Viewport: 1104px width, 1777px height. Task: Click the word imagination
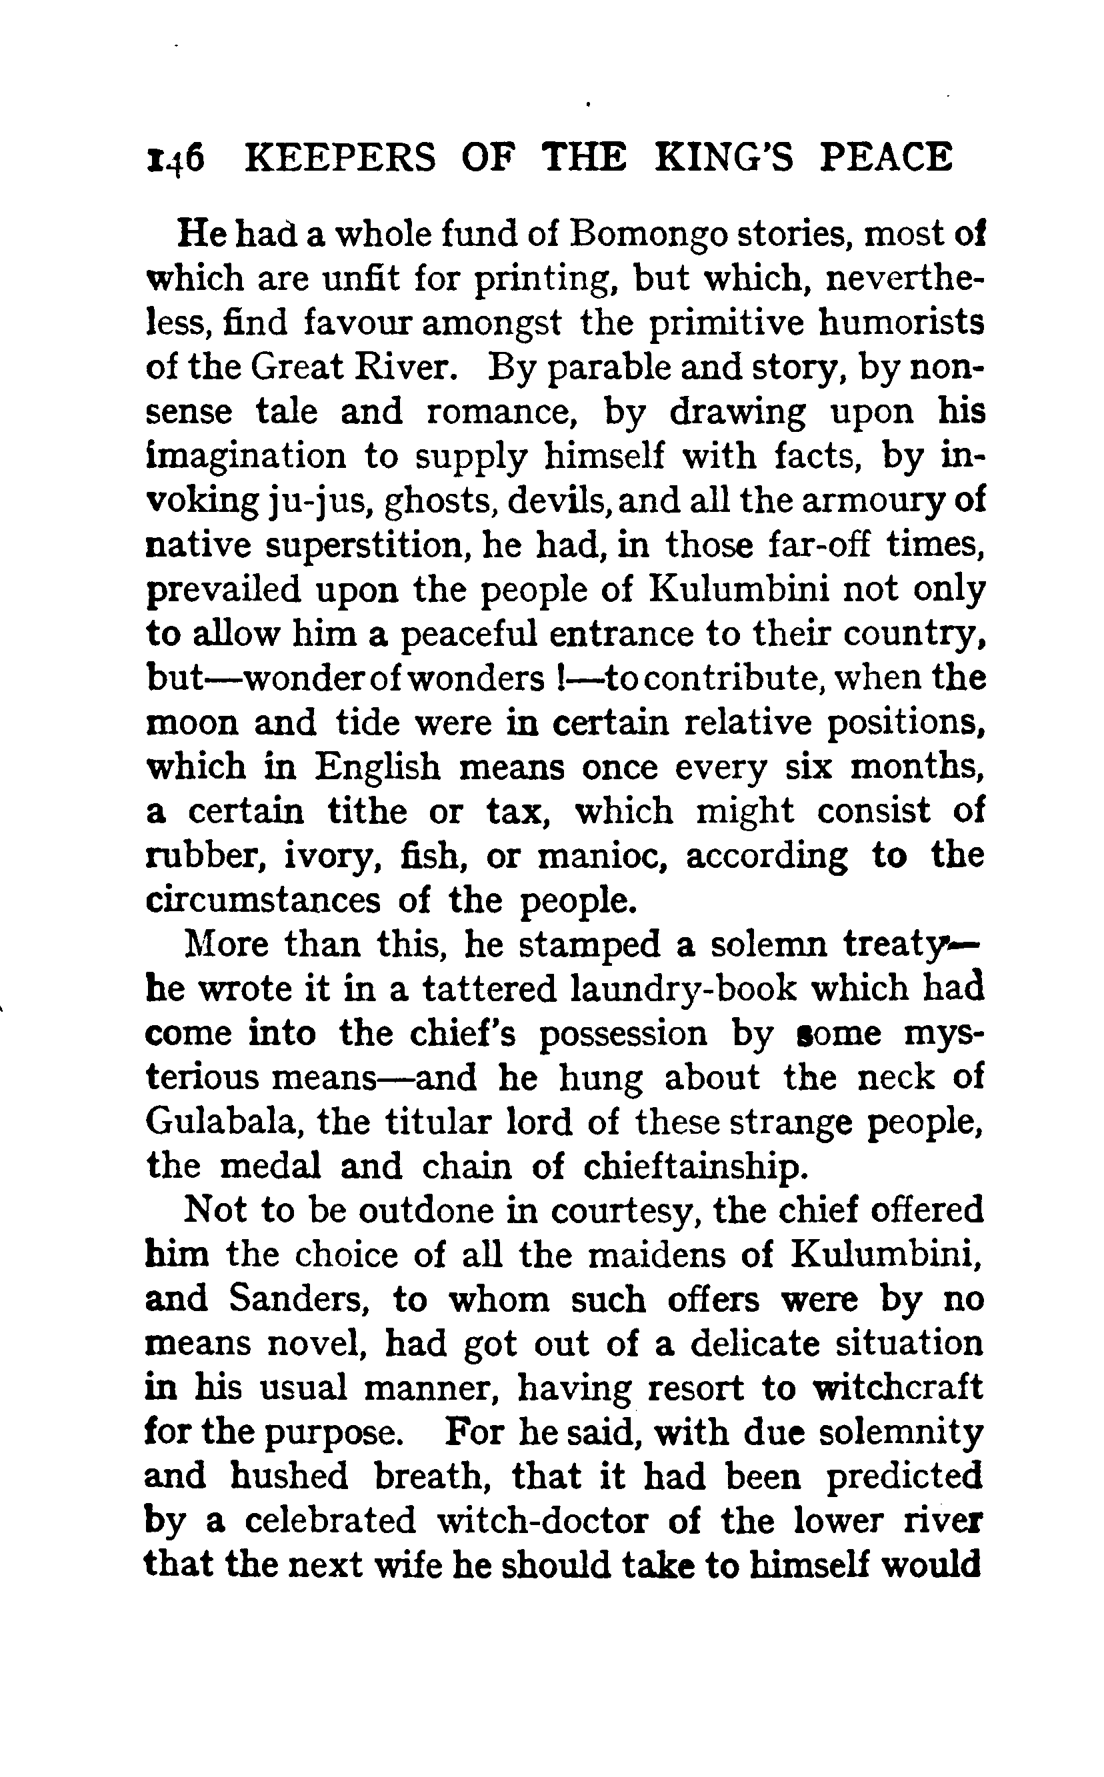click(x=246, y=457)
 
